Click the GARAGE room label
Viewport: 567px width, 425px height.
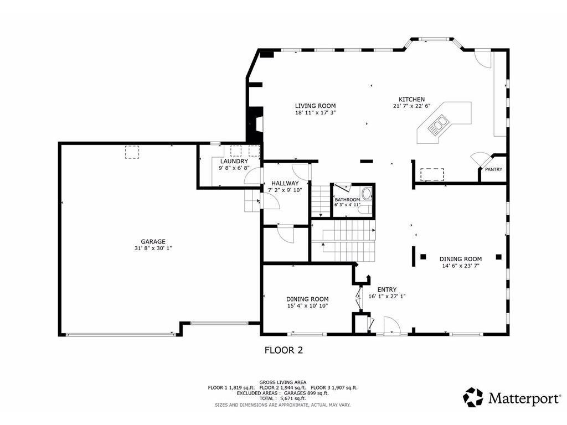click(x=153, y=242)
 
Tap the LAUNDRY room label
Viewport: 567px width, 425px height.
click(x=234, y=161)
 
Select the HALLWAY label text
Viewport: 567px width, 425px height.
click(x=285, y=183)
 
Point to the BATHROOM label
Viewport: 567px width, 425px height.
click(x=347, y=199)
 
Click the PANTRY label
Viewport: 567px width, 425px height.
click(x=493, y=169)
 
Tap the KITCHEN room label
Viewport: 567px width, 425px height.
click(x=411, y=100)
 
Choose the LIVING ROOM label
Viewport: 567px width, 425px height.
click(x=315, y=106)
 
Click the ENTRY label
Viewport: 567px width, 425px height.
click(x=387, y=289)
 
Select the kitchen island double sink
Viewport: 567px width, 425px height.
click(x=438, y=125)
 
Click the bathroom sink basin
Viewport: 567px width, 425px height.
click(x=367, y=194)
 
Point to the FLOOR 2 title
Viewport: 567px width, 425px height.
click(x=283, y=350)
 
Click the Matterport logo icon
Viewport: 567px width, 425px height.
click(x=473, y=397)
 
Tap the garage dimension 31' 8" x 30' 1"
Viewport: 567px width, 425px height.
click(x=153, y=248)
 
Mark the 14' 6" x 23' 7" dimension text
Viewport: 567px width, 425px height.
click(x=461, y=266)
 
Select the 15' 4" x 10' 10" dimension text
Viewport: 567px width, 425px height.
click(x=307, y=305)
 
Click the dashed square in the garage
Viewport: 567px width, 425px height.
click(x=132, y=152)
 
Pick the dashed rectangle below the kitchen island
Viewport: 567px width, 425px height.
click(x=432, y=174)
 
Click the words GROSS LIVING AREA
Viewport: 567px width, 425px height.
click(x=283, y=382)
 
